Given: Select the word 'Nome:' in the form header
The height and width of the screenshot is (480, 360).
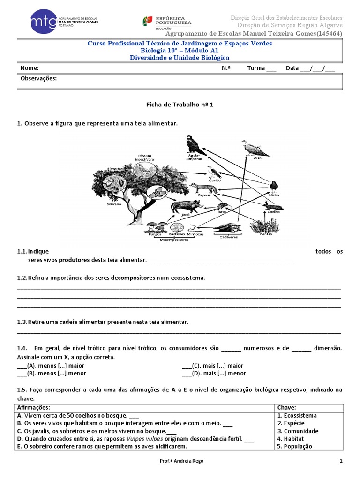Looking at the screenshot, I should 29,68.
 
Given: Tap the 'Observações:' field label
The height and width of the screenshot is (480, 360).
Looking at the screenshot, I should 38,78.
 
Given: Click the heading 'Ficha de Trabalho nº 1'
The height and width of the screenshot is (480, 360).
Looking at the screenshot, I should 180,105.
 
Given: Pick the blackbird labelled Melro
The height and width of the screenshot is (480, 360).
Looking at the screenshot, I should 274,187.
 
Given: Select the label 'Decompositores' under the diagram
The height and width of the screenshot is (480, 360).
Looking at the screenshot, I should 174,239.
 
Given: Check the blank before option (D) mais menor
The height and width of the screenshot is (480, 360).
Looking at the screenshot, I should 187,373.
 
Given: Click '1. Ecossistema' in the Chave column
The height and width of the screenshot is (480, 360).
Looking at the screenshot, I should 297,415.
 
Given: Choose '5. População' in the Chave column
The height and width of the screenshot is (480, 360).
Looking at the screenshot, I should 295,446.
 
